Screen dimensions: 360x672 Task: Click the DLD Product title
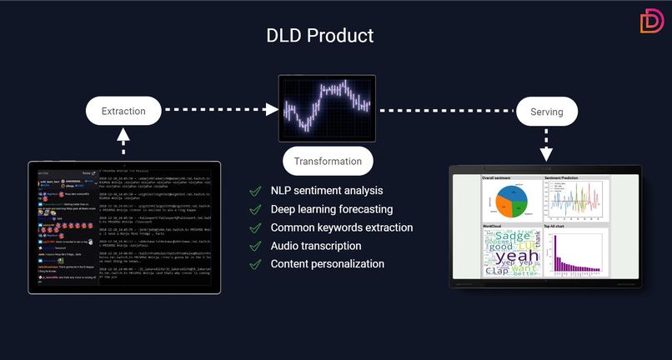(x=319, y=35)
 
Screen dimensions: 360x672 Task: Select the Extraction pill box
(x=123, y=111)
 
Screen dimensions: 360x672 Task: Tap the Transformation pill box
(x=328, y=161)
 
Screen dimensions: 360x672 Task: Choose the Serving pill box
(x=546, y=112)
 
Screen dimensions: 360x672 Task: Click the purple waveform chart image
(x=327, y=108)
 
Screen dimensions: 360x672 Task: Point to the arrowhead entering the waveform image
(x=272, y=109)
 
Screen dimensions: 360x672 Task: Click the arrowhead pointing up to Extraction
(x=123, y=132)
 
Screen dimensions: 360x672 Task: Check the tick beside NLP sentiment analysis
(x=255, y=191)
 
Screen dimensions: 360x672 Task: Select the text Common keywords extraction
(x=341, y=227)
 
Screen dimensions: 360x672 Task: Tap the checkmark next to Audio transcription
(x=255, y=246)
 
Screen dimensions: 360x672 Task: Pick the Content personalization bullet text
(x=327, y=264)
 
